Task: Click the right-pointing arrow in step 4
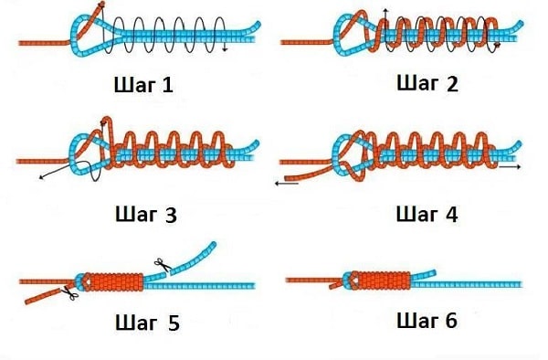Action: point(511,168)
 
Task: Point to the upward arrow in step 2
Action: point(385,11)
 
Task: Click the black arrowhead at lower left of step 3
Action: point(42,176)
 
